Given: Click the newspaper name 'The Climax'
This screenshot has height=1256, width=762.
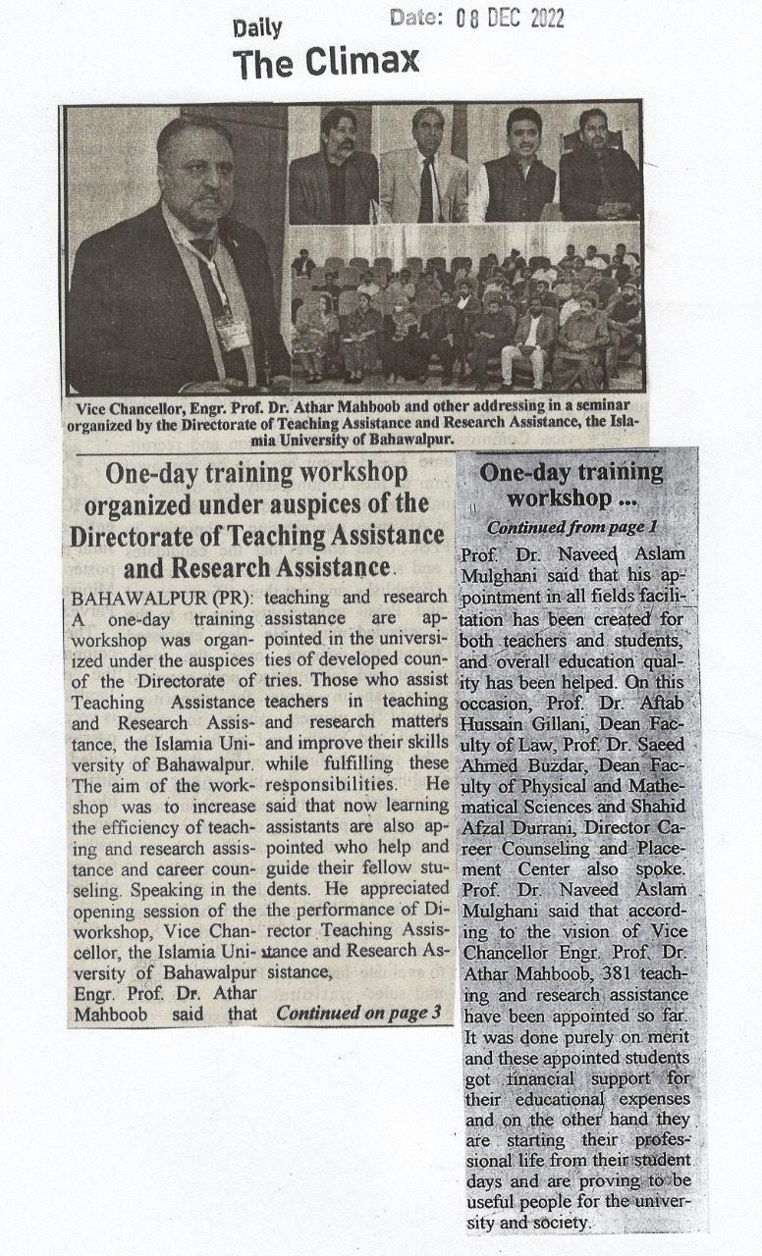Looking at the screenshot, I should click(x=326, y=63).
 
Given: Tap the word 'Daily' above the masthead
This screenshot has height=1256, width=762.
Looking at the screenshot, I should click(x=257, y=28).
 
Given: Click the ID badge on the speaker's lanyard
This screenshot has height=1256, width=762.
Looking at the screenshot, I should click(x=233, y=331).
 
